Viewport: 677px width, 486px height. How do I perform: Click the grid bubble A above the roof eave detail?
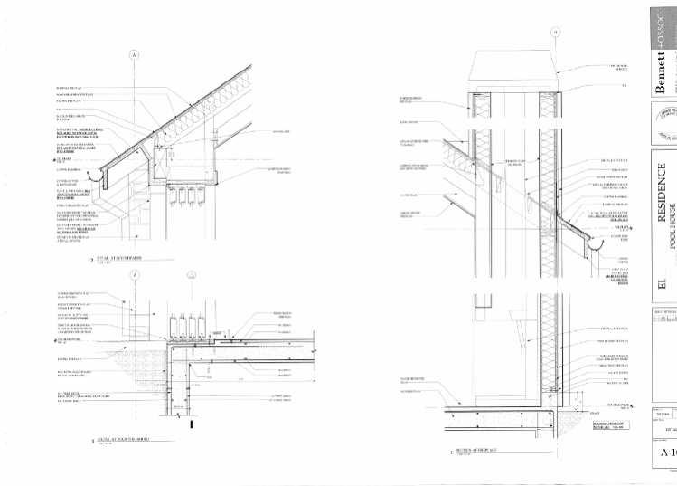pyautogui.click(x=134, y=55)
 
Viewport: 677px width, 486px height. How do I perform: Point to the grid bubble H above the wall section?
pyautogui.click(x=555, y=33)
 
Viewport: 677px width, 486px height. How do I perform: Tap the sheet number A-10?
pyautogui.click(x=667, y=453)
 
